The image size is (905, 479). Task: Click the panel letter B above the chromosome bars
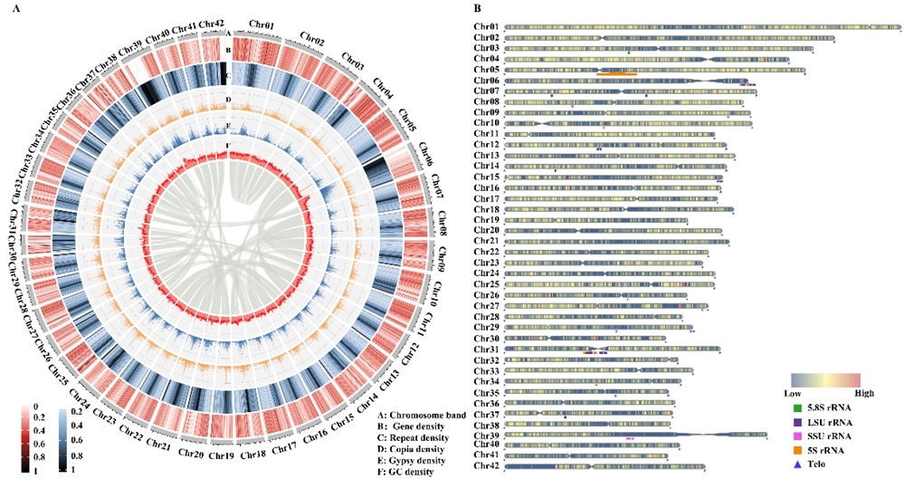477,8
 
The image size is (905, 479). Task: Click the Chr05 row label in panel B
486,70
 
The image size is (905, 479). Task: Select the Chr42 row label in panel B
486,466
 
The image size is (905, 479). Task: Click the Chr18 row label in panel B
486,209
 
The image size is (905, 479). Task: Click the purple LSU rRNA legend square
796,422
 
